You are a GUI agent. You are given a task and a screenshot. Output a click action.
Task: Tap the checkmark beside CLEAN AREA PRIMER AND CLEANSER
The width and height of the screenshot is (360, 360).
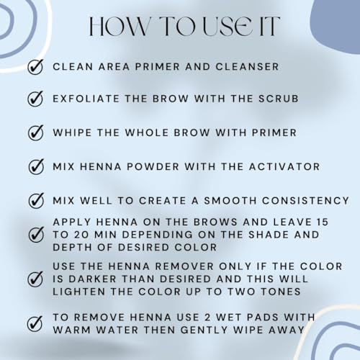click(35, 67)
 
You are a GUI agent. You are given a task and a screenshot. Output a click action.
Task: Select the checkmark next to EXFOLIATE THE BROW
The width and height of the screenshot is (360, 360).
click(35, 100)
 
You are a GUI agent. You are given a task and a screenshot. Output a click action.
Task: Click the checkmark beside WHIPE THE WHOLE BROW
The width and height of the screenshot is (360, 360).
click(35, 133)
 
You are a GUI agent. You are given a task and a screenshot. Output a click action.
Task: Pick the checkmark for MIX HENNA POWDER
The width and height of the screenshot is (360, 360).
click(35, 166)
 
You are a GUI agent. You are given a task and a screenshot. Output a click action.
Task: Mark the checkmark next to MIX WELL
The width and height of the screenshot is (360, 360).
click(35, 199)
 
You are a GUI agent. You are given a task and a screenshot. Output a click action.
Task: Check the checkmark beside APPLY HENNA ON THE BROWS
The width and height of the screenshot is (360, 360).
click(35, 234)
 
